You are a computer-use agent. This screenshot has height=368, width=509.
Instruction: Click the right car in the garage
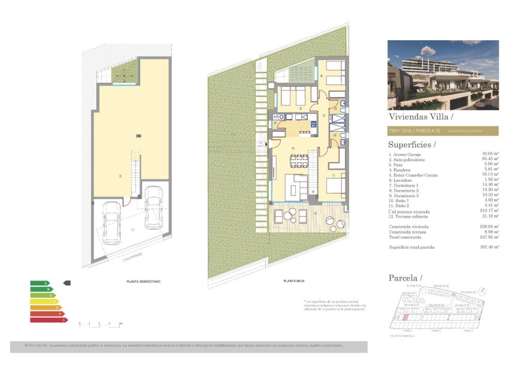[x=154, y=207]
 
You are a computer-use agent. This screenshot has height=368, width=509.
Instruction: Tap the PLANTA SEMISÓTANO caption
[x=143, y=281]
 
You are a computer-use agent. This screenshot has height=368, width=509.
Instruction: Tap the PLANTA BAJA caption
[x=292, y=281]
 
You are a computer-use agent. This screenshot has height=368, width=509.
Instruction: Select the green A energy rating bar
[x=40, y=283]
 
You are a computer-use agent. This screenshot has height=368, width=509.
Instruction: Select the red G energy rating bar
[x=49, y=320]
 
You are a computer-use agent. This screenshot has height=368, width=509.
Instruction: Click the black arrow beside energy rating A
[x=67, y=282]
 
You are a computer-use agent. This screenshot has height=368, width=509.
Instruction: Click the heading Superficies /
[x=412, y=144]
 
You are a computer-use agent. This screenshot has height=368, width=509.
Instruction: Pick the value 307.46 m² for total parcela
[x=489, y=247]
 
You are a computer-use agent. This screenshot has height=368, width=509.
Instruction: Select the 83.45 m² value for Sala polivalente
[x=489, y=159]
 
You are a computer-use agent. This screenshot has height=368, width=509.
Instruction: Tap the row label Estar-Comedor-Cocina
[x=414, y=175]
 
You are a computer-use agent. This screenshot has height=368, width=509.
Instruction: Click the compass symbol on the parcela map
[x=483, y=291]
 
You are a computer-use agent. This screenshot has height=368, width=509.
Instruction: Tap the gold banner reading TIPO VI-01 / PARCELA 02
[x=443, y=130]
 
